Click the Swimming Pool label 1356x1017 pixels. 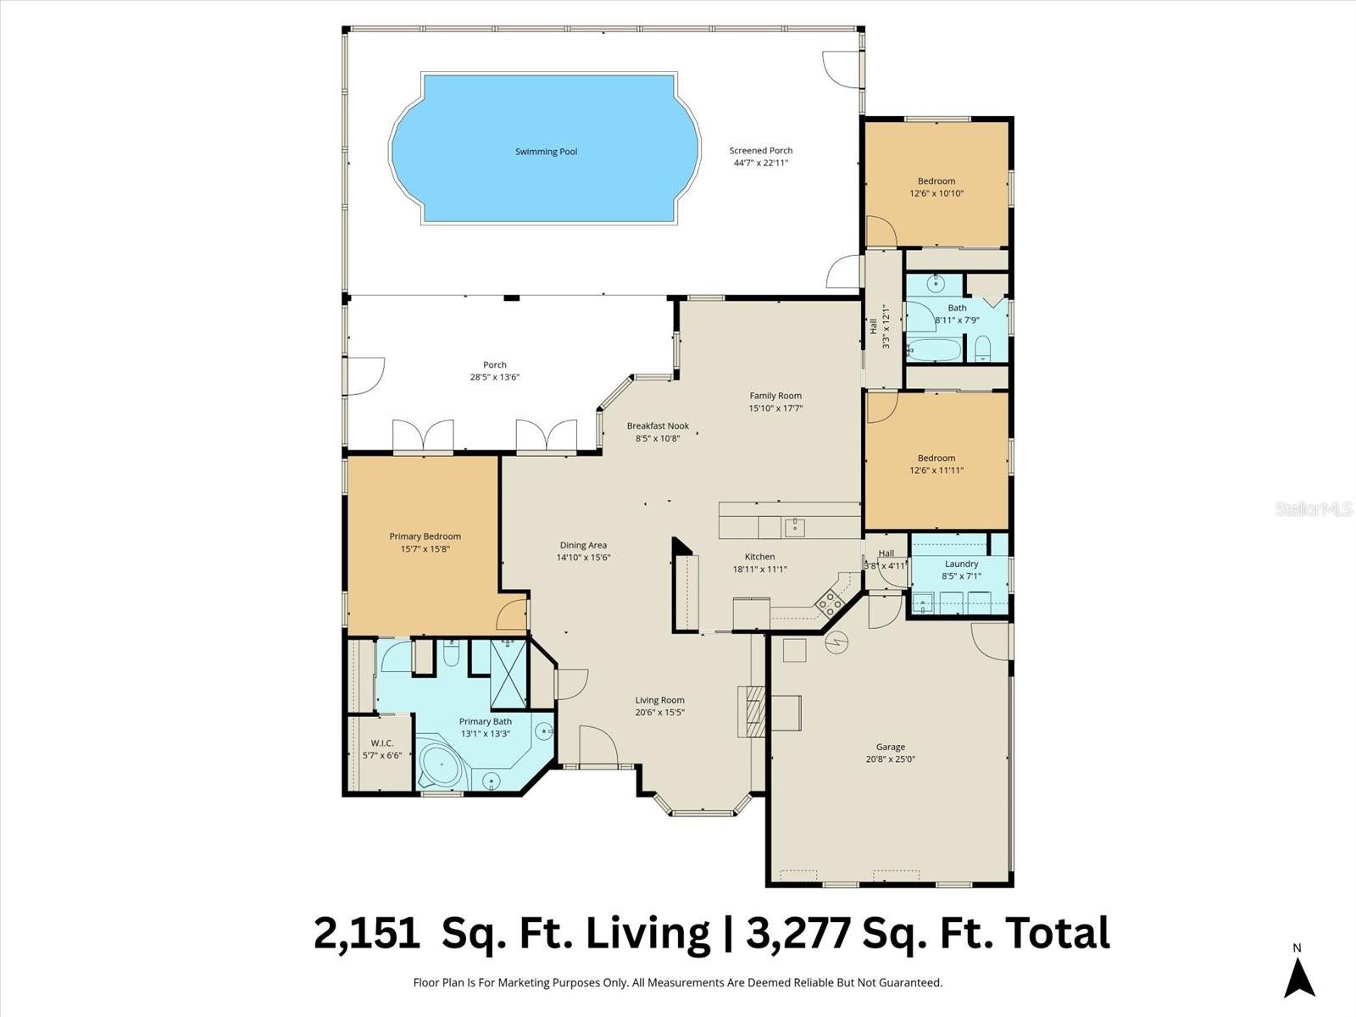tap(546, 152)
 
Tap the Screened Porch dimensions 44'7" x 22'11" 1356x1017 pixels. tap(761, 163)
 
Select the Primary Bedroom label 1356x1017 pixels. tap(425, 536)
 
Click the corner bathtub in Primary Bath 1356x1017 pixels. tap(440, 766)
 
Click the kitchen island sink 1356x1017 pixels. tap(794, 527)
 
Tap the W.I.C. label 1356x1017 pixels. tap(381, 743)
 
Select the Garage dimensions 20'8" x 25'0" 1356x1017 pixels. tap(890, 759)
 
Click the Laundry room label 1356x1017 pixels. tap(961, 564)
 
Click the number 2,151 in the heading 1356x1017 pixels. tap(366, 933)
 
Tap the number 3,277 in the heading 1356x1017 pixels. tap(798, 933)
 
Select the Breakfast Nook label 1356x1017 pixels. tap(658, 426)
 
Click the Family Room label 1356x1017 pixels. tap(775, 396)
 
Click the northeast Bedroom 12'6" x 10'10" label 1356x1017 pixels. tap(936, 181)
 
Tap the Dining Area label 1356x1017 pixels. tap(583, 546)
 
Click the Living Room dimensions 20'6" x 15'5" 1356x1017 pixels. tap(659, 713)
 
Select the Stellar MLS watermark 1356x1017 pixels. tap(1314, 509)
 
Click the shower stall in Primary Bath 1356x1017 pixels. tap(508, 675)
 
